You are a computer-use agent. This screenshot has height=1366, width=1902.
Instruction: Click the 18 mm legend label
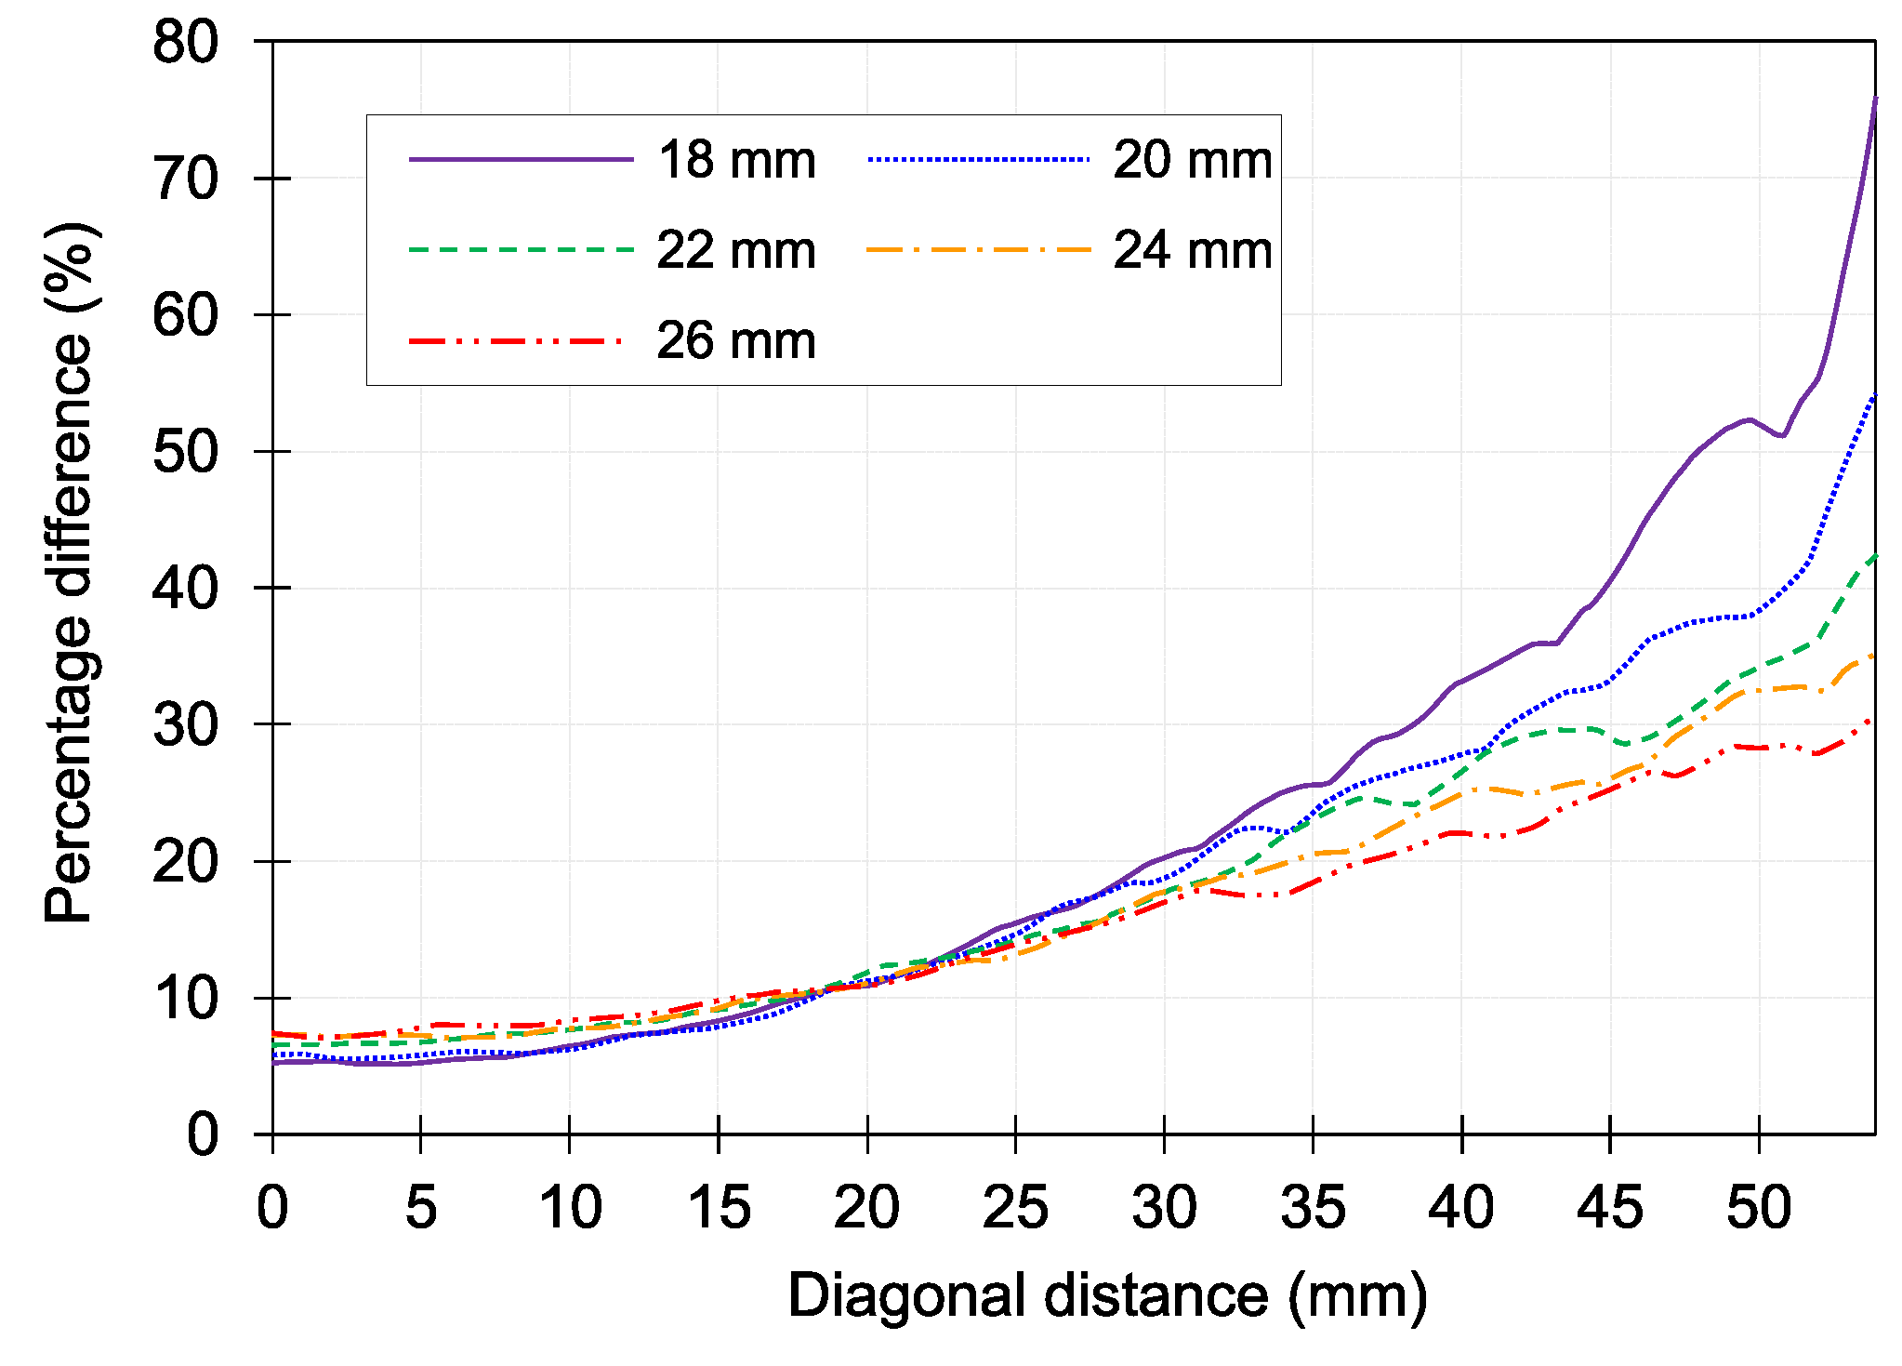[736, 160]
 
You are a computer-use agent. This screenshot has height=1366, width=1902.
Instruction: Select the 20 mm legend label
[1193, 160]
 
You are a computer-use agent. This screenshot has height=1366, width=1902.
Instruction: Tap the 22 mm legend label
[736, 251]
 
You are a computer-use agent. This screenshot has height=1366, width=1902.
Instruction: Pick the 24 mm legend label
[1193, 251]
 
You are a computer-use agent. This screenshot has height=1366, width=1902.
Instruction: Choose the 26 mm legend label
[736, 341]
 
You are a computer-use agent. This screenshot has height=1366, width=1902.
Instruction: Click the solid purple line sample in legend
[521, 160]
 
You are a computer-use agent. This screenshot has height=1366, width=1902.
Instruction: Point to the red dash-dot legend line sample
[516, 341]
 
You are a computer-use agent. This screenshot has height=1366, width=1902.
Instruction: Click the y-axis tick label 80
[186, 43]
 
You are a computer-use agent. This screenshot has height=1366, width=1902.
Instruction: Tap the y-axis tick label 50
[186, 453]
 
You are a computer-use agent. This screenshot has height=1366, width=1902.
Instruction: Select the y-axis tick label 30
[186, 725]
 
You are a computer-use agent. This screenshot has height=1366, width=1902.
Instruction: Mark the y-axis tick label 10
[186, 999]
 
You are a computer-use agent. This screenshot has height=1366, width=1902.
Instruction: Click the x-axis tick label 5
[421, 1208]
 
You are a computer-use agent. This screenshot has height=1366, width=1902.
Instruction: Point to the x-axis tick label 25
[1015, 1208]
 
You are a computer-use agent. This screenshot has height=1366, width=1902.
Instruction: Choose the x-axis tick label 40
[1461, 1208]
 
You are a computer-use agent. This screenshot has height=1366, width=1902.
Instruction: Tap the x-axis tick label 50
[1759, 1208]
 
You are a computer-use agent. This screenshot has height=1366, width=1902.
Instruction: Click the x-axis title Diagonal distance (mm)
[1107, 1296]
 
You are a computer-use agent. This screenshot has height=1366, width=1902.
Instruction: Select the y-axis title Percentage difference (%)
[70, 572]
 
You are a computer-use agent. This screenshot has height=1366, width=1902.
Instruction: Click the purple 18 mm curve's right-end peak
[1874, 99]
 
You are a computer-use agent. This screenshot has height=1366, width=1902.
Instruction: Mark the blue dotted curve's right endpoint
[1874, 395]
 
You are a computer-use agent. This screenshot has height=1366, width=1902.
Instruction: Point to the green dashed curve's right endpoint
[1874, 555]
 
